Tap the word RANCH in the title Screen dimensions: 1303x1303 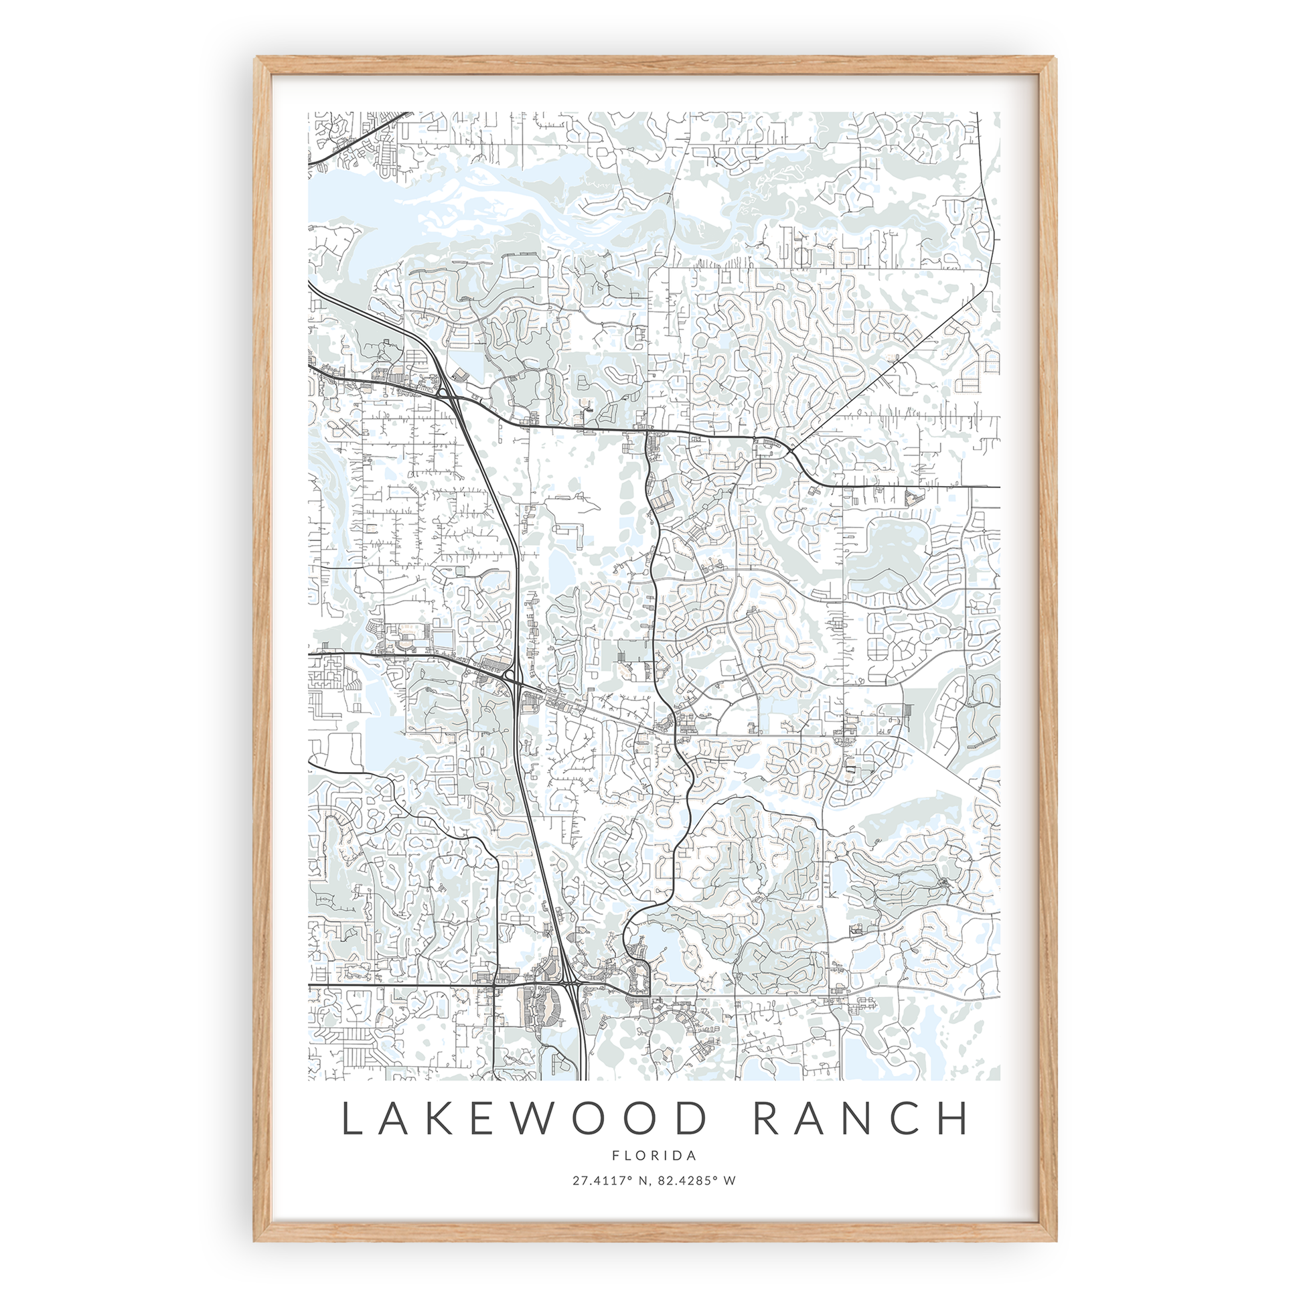(861, 1119)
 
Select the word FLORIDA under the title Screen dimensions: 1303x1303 (654, 1155)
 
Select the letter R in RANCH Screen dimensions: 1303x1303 (765, 1119)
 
